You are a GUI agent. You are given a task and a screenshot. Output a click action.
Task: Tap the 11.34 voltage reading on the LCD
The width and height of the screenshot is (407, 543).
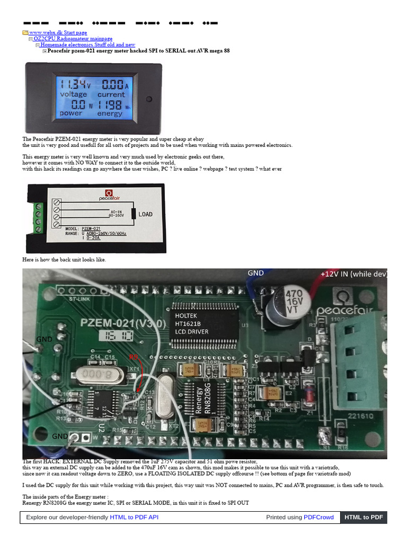(x=74, y=84)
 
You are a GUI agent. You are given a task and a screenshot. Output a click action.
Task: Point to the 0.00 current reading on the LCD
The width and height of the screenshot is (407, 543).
(x=113, y=84)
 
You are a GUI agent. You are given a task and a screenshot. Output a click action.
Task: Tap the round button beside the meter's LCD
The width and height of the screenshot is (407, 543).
(x=149, y=99)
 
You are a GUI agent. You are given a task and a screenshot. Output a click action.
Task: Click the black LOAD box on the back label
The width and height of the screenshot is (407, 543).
(x=145, y=214)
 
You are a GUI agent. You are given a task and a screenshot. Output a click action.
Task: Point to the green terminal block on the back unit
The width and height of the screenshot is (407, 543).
(x=38, y=217)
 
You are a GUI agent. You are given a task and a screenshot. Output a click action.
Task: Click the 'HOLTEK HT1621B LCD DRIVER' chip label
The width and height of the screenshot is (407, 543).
(x=192, y=323)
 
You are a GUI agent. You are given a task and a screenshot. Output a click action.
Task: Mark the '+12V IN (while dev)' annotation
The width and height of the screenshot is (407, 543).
(x=353, y=274)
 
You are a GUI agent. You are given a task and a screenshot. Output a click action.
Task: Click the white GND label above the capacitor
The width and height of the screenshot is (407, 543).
(x=255, y=273)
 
